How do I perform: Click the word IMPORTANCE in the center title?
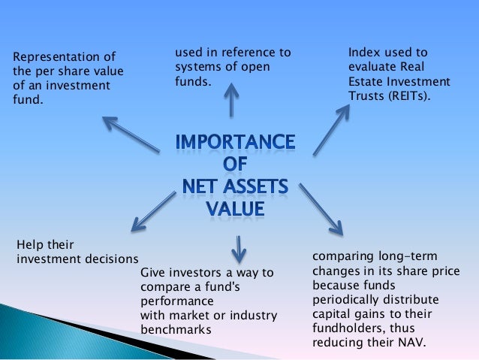235,142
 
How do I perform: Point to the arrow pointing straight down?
239,247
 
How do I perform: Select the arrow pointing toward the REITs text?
331,129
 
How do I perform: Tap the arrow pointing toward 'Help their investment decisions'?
155,210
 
